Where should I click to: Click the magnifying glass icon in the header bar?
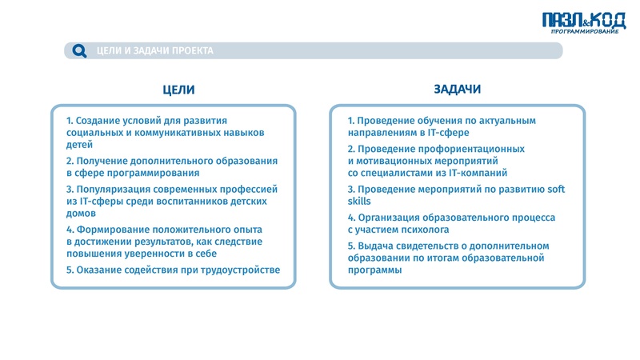click(79, 51)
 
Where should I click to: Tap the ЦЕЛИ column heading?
click(178, 90)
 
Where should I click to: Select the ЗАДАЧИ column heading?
click(457, 90)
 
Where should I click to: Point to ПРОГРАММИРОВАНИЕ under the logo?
click(585, 32)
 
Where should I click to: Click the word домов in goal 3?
click(82, 214)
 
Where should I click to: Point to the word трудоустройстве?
click(241, 270)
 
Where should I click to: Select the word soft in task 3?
click(554, 190)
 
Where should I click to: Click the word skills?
click(359, 202)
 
